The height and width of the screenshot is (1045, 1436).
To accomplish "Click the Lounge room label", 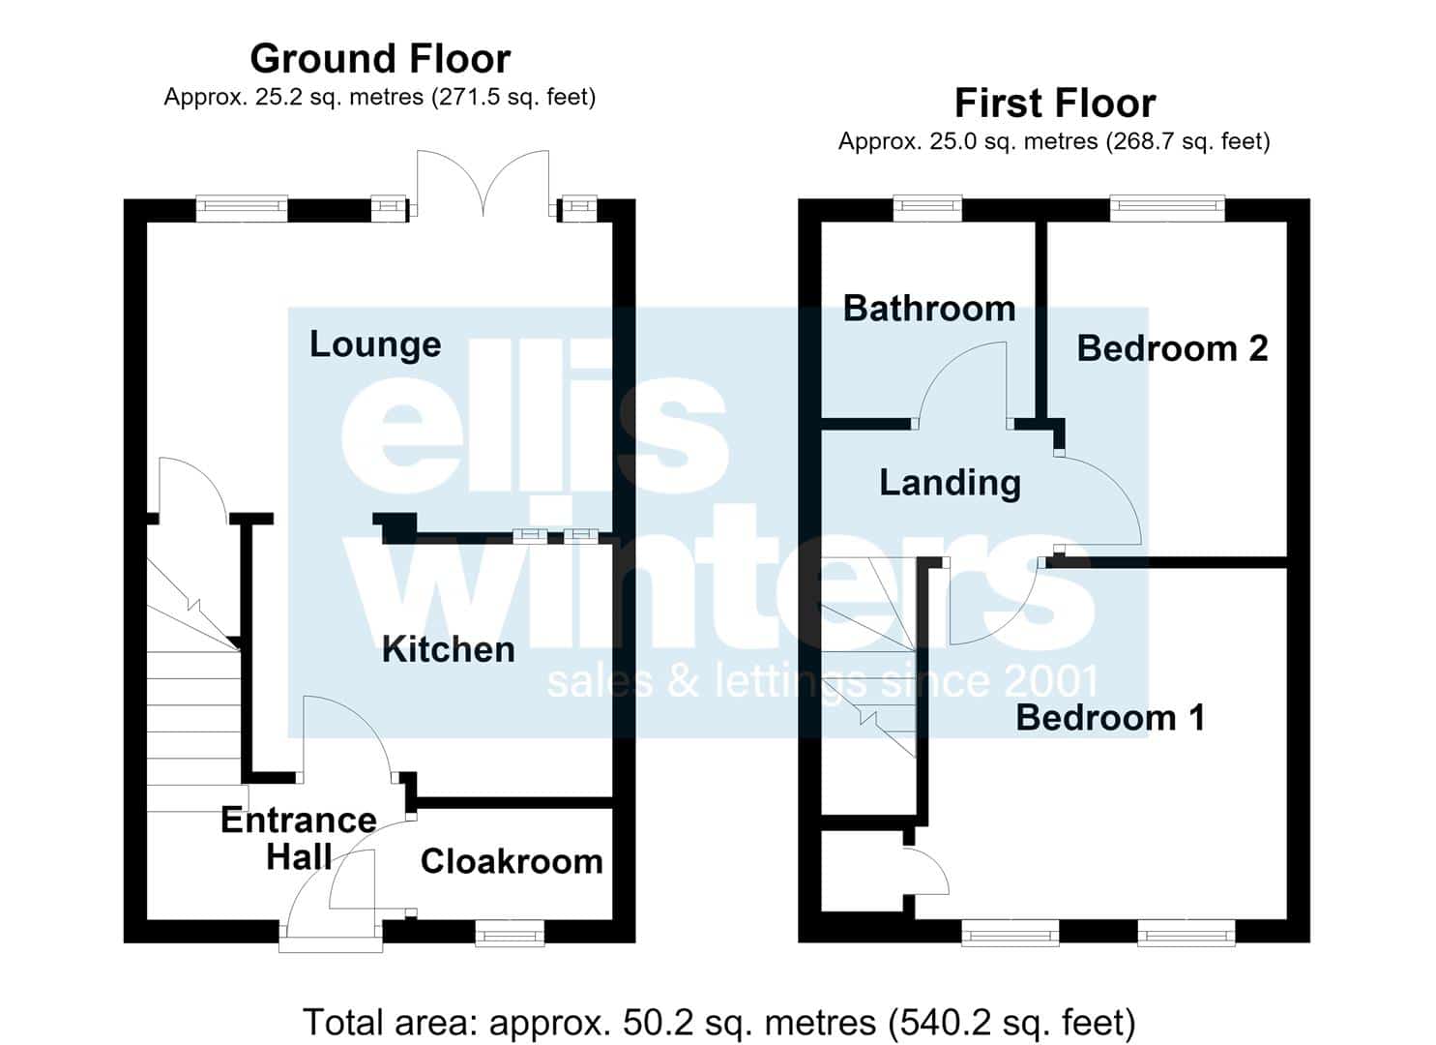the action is [x=375, y=345].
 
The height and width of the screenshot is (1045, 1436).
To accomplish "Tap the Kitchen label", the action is [x=448, y=649].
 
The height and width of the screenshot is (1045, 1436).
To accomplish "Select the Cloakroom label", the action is [x=512, y=861].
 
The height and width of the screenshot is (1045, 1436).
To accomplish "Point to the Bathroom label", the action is [x=929, y=309].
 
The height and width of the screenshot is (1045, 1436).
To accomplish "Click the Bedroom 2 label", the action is [x=1173, y=348].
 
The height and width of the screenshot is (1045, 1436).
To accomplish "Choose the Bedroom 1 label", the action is [x=1110, y=717].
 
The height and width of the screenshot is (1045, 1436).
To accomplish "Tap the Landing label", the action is [x=950, y=484].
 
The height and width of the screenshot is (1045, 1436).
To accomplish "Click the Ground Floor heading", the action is [x=380, y=59].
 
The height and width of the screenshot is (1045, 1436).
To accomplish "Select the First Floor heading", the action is [x=1055, y=103].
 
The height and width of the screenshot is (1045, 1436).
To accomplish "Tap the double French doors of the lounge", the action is [x=483, y=182].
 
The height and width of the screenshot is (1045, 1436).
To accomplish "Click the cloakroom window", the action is [x=510, y=934].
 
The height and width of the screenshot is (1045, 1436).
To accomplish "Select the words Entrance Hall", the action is [x=299, y=839].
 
